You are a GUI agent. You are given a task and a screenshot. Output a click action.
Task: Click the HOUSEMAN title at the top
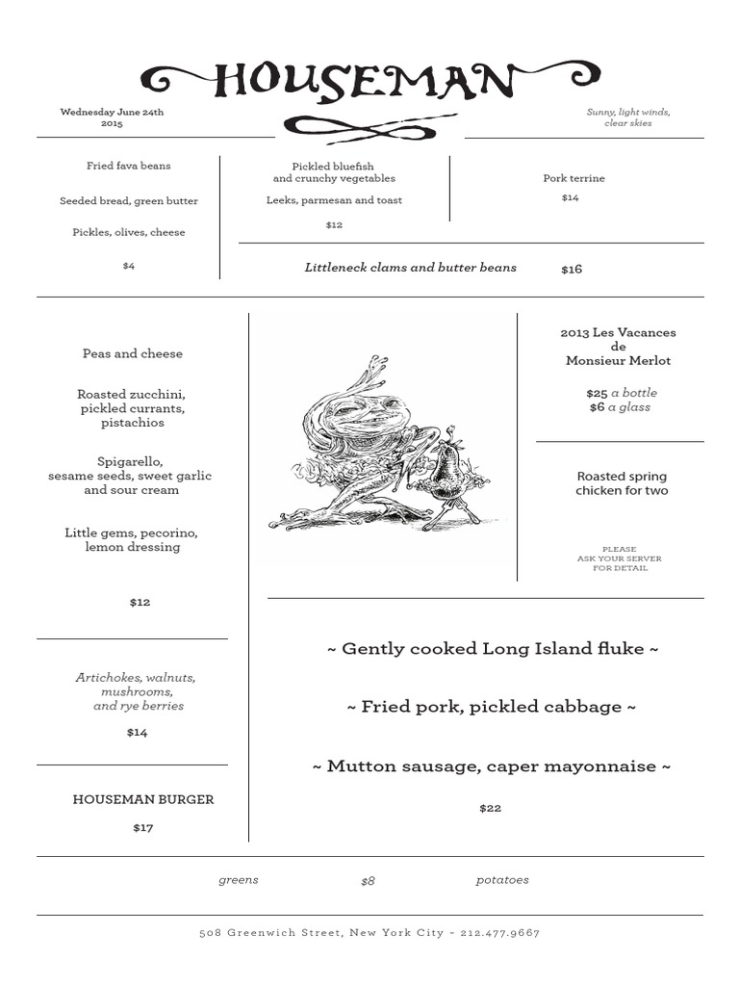(x=370, y=82)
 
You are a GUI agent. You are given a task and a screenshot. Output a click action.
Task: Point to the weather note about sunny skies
(x=628, y=117)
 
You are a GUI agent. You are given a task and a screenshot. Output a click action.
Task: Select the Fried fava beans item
(x=128, y=166)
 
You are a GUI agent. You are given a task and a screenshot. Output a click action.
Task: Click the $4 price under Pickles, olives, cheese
(x=129, y=266)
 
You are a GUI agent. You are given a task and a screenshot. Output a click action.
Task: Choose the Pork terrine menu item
(x=573, y=178)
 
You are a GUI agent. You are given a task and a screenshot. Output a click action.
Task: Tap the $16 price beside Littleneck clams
(x=572, y=270)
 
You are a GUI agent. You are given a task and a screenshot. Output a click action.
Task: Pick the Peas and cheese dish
(x=132, y=353)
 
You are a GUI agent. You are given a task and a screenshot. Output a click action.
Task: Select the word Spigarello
(x=130, y=461)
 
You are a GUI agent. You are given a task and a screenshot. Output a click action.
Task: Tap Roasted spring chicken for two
(x=622, y=483)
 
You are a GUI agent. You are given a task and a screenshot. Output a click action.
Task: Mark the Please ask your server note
(x=619, y=558)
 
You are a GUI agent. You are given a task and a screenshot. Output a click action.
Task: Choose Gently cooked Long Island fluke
(x=493, y=649)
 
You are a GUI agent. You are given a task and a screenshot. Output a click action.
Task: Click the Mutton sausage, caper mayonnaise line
(x=492, y=766)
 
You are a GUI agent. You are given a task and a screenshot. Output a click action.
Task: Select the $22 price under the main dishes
(x=490, y=808)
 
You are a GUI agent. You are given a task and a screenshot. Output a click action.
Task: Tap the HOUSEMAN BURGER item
(x=143, y=799)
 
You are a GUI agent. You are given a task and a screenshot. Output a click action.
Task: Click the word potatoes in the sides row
(x=502, y=880)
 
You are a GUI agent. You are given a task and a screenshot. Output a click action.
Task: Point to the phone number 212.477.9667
(x=500, y=933)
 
